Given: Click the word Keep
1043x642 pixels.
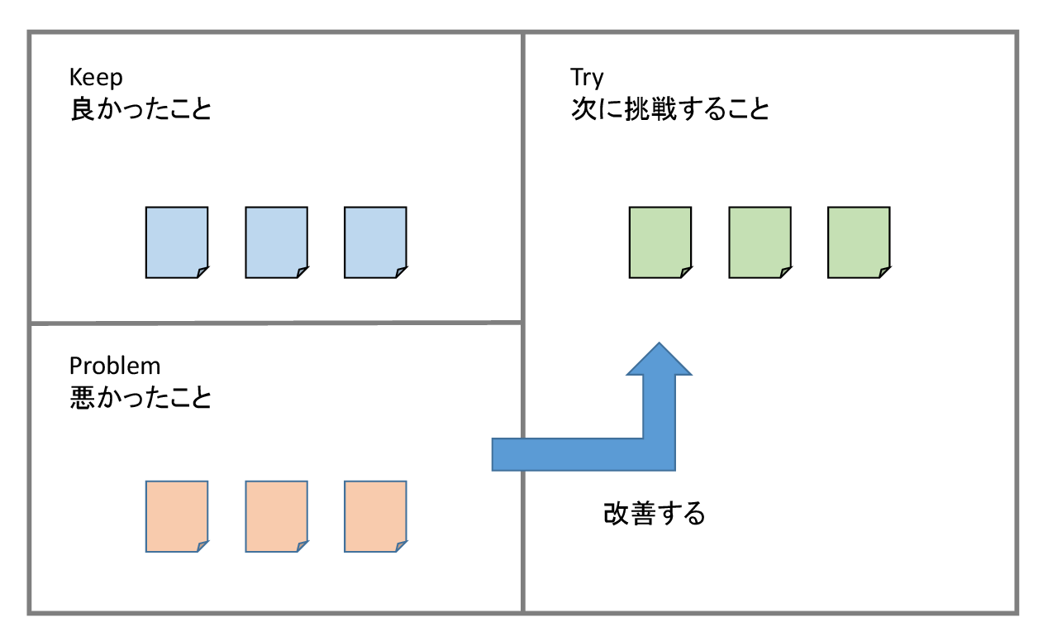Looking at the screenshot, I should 96,78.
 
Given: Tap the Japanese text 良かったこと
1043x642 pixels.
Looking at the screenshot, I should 140,109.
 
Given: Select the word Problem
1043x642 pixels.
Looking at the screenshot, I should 115,366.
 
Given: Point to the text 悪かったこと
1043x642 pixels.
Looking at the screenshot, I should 140,398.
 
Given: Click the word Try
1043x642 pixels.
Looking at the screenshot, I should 587,78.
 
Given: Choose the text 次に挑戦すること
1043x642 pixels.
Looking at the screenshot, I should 669,109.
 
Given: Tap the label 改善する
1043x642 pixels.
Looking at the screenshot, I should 655,514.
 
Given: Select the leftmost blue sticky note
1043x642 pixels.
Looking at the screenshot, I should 176,242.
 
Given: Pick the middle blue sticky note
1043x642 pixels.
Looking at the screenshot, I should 276,242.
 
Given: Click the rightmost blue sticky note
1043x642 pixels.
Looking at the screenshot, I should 375,242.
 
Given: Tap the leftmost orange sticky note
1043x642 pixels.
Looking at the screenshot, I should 176,516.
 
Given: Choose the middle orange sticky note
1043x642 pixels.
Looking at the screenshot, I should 276,516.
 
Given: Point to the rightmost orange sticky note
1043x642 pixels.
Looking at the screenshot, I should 375,516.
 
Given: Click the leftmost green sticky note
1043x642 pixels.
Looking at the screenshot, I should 660,242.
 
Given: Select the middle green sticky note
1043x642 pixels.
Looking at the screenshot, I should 760,242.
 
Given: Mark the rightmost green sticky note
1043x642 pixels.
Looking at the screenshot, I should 859,242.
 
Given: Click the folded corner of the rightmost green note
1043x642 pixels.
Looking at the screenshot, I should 884,272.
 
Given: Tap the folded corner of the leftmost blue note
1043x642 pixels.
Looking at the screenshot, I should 202,272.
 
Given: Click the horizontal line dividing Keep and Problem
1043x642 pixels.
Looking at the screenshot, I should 276,322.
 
